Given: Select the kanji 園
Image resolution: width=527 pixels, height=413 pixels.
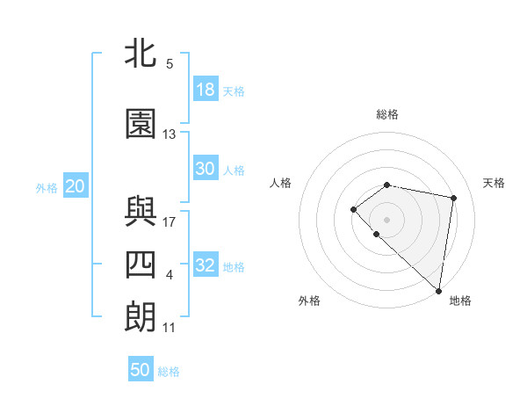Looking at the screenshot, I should (x=141, y=125).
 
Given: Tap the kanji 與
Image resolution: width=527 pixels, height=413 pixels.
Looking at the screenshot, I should (x=141, y=212).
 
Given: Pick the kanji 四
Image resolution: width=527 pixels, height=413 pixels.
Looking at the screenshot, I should (x=141, y=264).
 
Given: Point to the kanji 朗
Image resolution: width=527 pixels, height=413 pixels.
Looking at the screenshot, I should (x=141, y=317).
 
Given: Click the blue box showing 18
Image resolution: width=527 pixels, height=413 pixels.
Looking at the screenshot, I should (x=206, y=90).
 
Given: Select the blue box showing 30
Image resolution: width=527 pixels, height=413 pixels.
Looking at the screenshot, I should (x=206, y=169).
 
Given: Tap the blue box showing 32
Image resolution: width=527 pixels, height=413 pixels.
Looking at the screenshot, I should (x=206, y=265).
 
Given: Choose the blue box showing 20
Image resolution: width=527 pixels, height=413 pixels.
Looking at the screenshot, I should (x=75, y=186).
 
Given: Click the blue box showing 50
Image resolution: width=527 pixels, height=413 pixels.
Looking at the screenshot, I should (x=141, y=370).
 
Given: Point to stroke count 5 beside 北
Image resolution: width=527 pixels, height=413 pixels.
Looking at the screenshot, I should (x=170, y=64).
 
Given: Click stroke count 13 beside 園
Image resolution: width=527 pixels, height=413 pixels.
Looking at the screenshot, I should (x=170, y=134).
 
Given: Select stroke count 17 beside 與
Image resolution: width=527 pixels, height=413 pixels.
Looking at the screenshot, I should (x=170, y=221).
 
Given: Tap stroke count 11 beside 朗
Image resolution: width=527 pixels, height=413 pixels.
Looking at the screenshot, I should (x=170, y=328).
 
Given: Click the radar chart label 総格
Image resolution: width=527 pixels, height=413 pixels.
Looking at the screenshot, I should (x=387, y=114).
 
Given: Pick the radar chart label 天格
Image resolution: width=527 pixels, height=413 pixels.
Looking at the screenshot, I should (x=494, y=183).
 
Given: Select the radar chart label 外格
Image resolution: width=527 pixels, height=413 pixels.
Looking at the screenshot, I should (x=309, y=301).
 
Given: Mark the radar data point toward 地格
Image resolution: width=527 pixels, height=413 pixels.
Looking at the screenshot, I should (x=439, y=291).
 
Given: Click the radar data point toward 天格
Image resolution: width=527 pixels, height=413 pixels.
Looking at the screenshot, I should (x=454, y=198).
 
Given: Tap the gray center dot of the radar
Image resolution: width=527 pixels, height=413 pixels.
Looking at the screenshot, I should (x=387, y=219).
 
